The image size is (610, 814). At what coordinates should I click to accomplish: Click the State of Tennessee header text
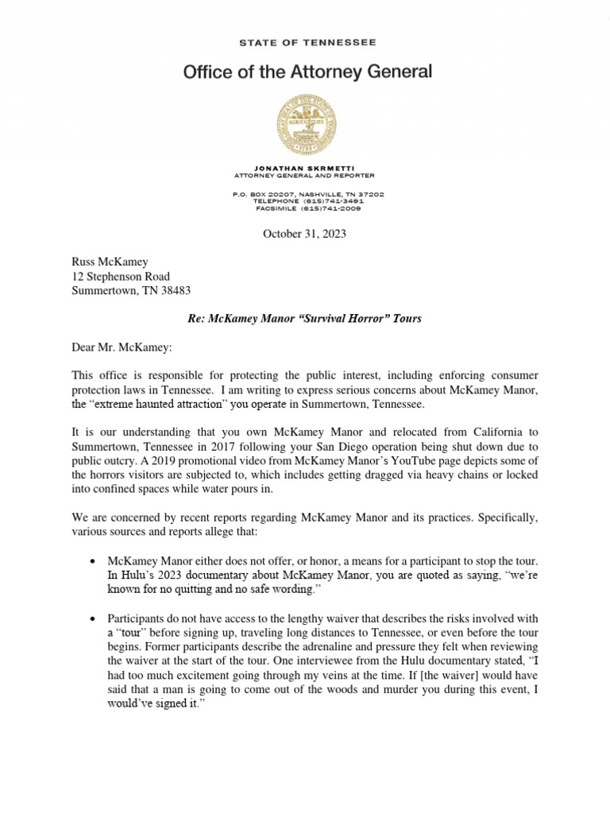[x=307, y=42]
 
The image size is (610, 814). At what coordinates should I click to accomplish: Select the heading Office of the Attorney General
[x=307, y=72]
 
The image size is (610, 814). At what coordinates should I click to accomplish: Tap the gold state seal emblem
[x=307, y=124]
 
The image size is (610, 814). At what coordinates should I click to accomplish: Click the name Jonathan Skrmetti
[x=307, y=169]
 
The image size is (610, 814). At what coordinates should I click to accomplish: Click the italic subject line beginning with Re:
[x=304, y=318]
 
